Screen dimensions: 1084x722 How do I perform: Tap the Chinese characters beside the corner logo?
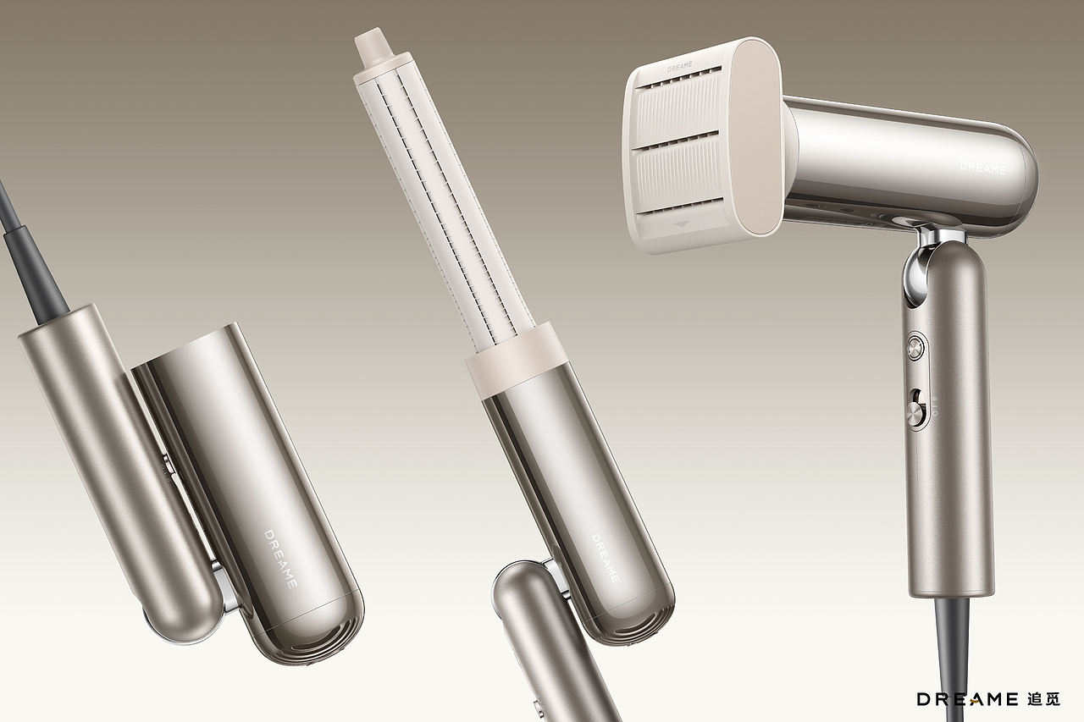[x=1043, y=699]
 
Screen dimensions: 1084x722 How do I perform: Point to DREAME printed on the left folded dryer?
[x=280, y=559]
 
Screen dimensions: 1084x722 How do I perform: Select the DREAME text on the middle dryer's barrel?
[x=606, y=558]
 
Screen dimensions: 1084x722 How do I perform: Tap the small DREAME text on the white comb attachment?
[x=679, y=67]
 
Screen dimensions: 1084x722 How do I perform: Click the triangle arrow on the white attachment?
[x=683, y=224]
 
